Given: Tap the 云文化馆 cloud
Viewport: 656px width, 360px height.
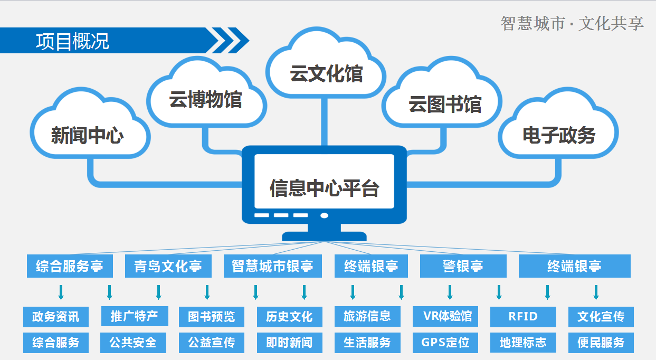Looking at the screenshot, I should pos(326,73).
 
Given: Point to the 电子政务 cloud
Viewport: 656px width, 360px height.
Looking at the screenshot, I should pos(558,135).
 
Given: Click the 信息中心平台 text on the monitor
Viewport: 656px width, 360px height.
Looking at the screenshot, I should pos(324,188).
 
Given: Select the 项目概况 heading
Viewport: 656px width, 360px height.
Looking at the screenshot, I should pos(73,41).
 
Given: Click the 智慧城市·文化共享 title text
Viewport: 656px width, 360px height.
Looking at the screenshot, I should pos(572,23).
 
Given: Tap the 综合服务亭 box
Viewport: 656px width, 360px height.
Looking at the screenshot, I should pos(70,266).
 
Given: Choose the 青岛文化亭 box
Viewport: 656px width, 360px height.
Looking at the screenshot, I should pos(168,266).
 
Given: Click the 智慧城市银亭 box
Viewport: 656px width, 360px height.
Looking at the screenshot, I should pos(273,266).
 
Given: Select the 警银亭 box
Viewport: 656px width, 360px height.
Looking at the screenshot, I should pos(463,266).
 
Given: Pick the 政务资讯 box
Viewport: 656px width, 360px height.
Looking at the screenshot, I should pos(56,317).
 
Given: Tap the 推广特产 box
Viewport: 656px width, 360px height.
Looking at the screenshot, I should pos(134,316).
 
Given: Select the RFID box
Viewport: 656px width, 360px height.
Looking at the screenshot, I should pos(523,317).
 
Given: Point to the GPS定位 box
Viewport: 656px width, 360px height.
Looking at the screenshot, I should pos(445,342).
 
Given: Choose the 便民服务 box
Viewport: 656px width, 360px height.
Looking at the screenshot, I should pos(601,342).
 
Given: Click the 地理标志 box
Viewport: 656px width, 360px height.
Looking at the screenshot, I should pos(523,342).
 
